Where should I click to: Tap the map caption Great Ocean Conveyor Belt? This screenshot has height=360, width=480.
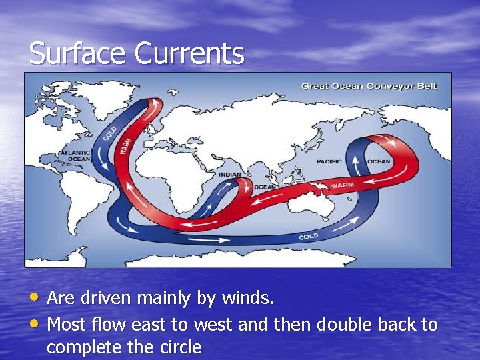pos(369,86)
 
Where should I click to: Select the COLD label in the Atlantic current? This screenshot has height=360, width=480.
pos(111,133)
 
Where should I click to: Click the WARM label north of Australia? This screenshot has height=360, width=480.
pos(342,185)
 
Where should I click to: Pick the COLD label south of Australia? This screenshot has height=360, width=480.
pos(308,237)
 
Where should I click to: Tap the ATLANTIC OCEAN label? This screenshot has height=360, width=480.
pos(74,156)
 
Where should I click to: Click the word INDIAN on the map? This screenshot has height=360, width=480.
pos(230,175)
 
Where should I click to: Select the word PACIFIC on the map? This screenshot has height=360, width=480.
pos(329,161)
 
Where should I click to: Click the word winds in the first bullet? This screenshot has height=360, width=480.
pos(252,299)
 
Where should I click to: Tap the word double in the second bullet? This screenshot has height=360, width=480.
pos(346,325)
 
